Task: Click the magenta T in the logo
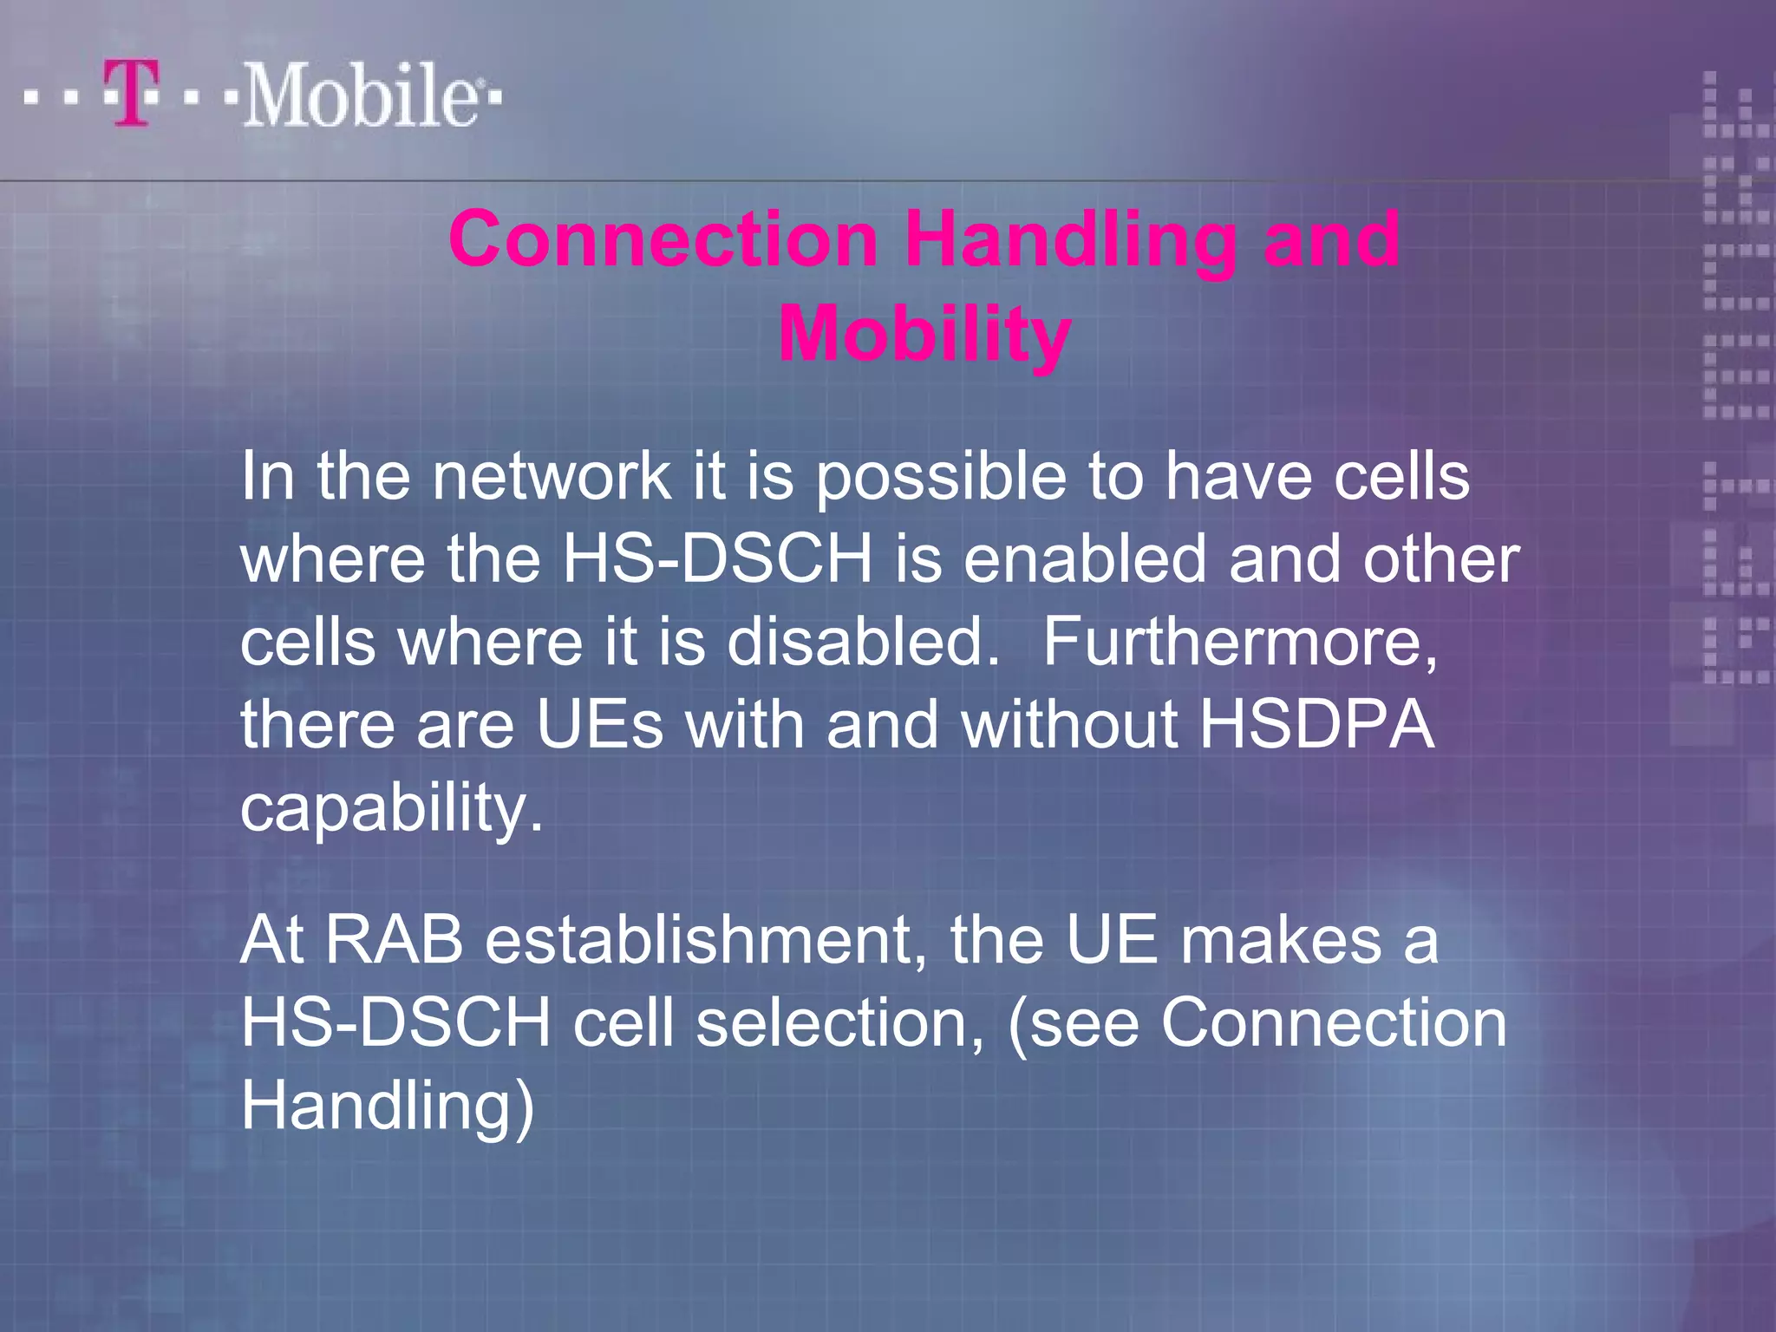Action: pyautogui.click(x=132, y=93)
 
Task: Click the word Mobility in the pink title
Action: pyautogui.click(x=924, y=334)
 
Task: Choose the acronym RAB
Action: pyautogui.click(x=395, y=940)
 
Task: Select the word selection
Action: pyautogui.click(x=841, y=1023)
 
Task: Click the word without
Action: pyautogui.click(x=1068, y=725)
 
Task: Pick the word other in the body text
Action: pyautogui.click(x=1440, y=558)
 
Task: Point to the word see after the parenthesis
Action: pyautogui.click(x=1084, y=1024)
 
